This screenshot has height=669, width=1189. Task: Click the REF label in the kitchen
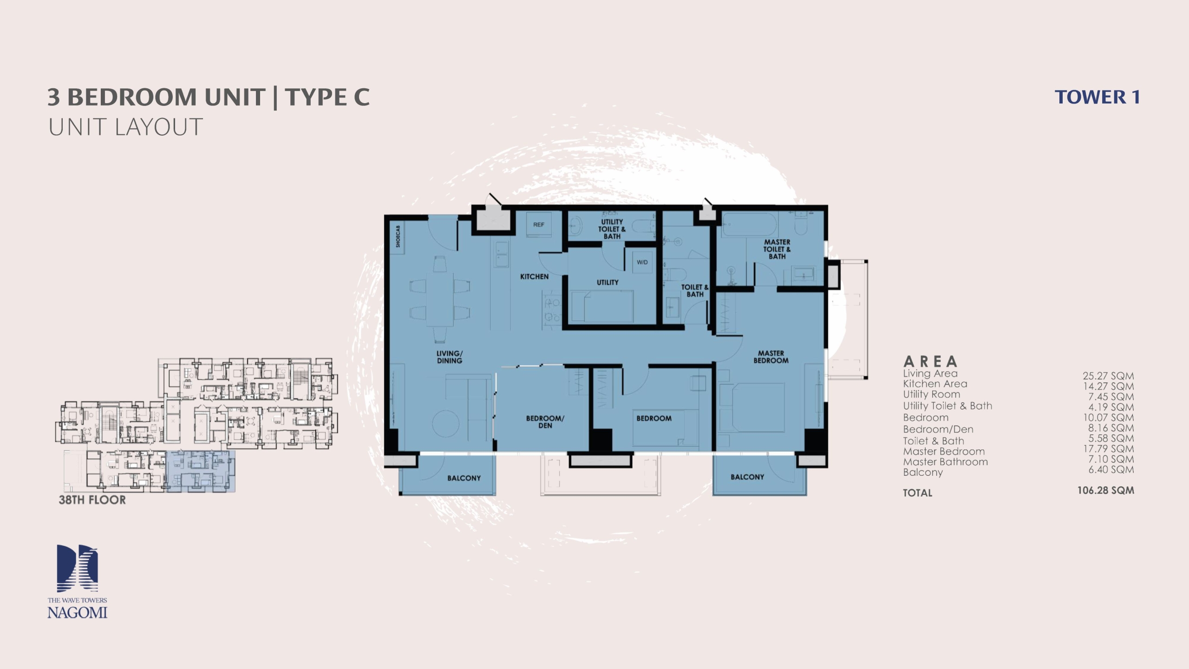pos(538,224)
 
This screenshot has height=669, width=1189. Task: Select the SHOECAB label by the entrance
pos(398,236)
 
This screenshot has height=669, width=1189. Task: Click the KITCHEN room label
pos(534,276)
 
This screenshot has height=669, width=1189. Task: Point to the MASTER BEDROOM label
pos(771,357)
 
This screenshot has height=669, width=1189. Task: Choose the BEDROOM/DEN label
pos(545,422)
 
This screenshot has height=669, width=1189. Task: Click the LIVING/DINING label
pos(449,357)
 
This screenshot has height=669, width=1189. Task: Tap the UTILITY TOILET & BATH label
pos(612,229)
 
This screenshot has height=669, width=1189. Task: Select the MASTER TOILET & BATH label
pos(777,249)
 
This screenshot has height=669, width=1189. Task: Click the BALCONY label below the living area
pos(464,478)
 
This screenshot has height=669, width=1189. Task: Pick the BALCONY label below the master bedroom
pos(747,477)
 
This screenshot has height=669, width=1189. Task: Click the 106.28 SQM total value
pos(1106,490)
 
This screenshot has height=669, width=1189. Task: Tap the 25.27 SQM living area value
pos(1108,376)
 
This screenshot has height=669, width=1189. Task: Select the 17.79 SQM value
pos(1109,449)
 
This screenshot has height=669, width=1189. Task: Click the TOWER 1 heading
pos(1098,97)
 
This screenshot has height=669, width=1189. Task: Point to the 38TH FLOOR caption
pos(92,500)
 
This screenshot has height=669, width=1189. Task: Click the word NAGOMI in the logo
pos(77,612)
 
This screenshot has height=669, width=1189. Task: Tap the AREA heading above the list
pos(930,361)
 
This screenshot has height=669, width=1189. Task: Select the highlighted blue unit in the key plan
pos(201,471)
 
